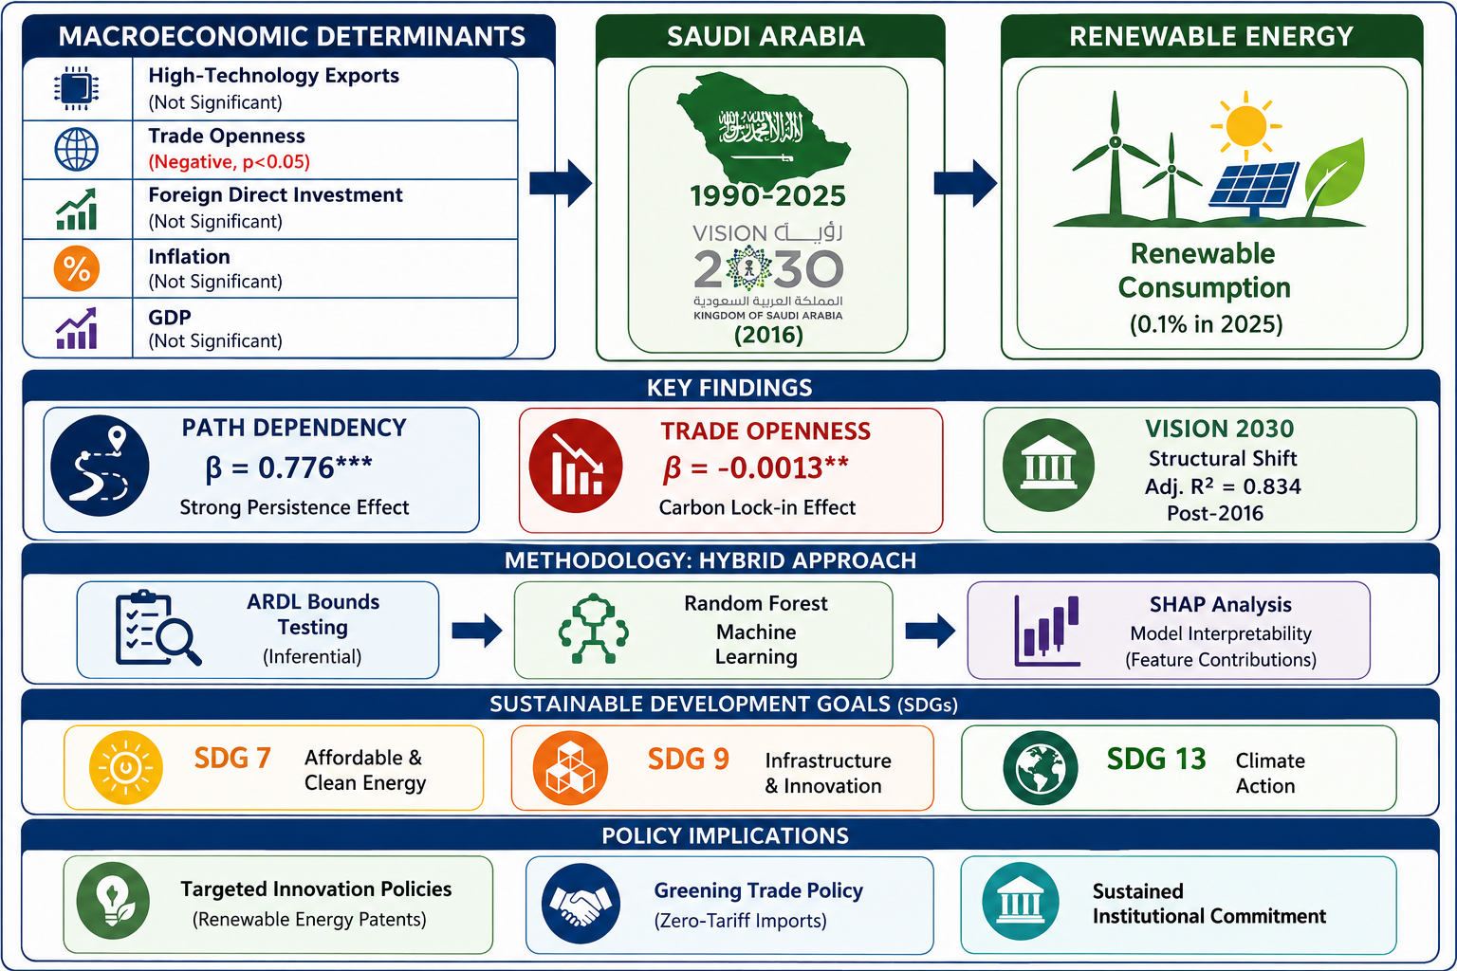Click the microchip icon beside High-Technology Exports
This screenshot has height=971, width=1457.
click(76, 88)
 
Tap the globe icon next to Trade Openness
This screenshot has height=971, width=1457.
click(76, 150)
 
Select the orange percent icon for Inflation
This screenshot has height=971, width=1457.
click(76, 268)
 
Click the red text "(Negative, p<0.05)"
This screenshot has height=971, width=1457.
click(229, 162)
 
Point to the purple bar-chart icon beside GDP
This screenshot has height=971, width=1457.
click(77, 328)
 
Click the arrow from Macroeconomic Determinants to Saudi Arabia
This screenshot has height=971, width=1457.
click(561, 183)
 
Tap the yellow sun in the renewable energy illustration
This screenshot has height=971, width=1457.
click(1245, 126)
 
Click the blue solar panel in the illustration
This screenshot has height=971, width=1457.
click(1253, 186)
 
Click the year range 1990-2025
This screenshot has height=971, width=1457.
click(767, 195)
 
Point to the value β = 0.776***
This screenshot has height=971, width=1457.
click(288, 467)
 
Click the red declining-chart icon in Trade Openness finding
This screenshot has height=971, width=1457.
click(575, 466)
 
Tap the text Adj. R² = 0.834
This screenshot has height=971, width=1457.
click(1223, 486)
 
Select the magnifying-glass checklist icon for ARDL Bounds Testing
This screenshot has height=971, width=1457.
click(157, 629)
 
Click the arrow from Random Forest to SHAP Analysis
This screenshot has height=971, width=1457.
click(931, 630)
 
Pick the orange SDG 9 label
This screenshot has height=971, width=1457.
click(688, 759)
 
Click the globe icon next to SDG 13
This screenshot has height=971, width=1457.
click(1040, 768)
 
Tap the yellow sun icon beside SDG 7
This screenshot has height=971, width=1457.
click(125, 768)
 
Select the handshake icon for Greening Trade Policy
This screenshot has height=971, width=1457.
click(581, 904)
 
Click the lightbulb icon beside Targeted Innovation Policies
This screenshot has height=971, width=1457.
click(113, 901)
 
